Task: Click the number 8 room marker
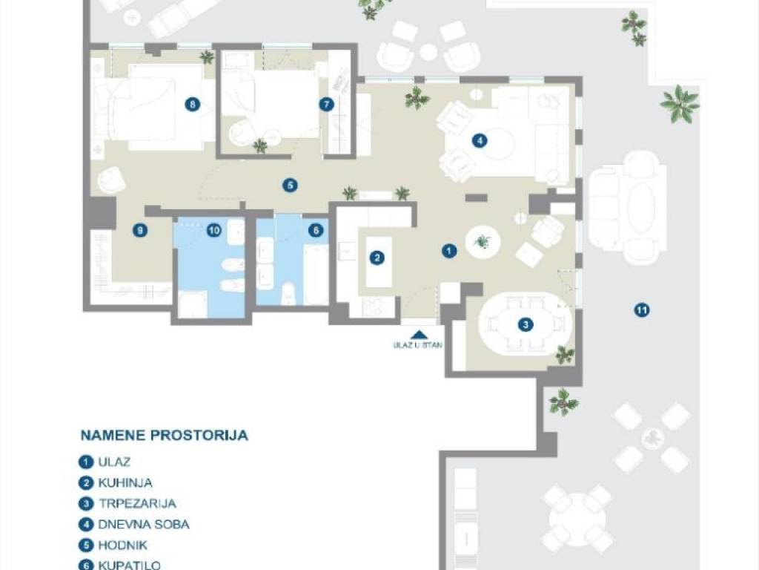click(x=193, y=104)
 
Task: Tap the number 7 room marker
click(x=327, y=104)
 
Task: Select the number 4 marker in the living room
click(x=480, y=140)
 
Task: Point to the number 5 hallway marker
click(x=290, y=185)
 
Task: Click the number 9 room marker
click(x=140, y=230)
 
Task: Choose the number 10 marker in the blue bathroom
click(x=214, y=230)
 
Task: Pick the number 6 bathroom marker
click(x=316, y=230)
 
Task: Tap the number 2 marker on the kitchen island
click(x=377, y=258)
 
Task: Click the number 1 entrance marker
click(x=449, y=251)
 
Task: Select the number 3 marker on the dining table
click(x=526, y=325)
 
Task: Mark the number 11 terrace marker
click(x=642, y=309)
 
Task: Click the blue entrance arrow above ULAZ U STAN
click(x=419, y=335)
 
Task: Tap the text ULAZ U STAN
click(x=417, y=346)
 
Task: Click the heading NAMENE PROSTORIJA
click(x=164, y=435)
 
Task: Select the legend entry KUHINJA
click(x=125, y=482)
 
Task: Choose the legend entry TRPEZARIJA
click(x=137, y=504)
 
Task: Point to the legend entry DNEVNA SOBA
click(x=144, y=525)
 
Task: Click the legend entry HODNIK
click(x=122, y=546)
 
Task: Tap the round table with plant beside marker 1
click(x=483, y=241)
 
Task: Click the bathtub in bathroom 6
click(x=316, y=275)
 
